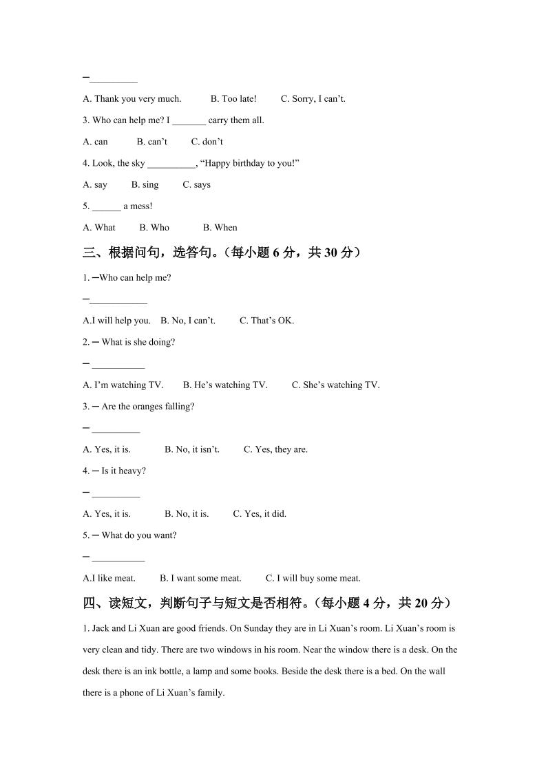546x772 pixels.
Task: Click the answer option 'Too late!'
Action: pos(233,99)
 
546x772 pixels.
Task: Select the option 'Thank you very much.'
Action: pos(132,99)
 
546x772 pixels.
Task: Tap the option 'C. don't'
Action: pos(207,142)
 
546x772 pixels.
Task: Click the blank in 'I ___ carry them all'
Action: pos(189,121)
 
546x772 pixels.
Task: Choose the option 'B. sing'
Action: pos(145,185)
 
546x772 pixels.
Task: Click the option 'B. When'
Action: pos(220,228)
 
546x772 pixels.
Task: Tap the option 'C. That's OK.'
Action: pos(266,321)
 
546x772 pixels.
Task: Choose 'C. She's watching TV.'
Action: pos(335,385)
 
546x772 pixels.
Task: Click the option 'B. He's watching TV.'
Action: pos(225,385)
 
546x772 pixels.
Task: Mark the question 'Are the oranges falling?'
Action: pos(147,407)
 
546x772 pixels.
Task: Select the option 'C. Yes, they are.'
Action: pos(275,450)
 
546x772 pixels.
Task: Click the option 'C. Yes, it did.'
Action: pos(260,514)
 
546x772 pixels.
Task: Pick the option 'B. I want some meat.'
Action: pos(200,579)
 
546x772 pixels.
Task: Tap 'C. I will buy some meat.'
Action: pos(313,579)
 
